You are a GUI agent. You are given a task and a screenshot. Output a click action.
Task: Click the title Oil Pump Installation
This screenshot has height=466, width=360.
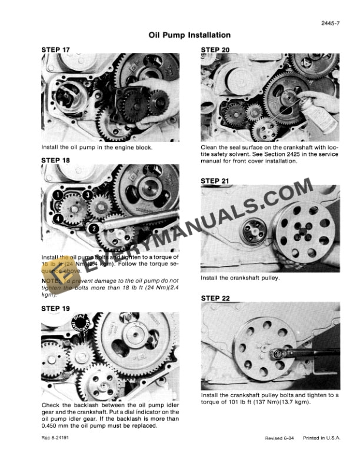pyautogui.click(x=181, y=36)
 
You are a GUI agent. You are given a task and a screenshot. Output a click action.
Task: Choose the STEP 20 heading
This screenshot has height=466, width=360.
pyautogui.click(x=215, y=49)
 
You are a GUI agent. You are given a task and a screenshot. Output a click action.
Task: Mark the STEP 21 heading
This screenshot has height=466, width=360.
pyautogui.click(x=215, y=180)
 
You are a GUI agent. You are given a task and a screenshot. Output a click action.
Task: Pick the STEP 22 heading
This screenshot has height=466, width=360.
pyautogui.click(x=215, y=298)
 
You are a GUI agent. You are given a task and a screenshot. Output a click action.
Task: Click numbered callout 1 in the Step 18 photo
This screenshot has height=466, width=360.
pyautogui.click(x=59, y=194)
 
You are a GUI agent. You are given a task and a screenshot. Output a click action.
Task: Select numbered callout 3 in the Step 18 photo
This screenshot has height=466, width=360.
pyautogui.click(x=87, y=195)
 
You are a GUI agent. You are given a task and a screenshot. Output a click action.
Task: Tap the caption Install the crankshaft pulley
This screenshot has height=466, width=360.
pyautogui.click(x=240, y=278)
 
